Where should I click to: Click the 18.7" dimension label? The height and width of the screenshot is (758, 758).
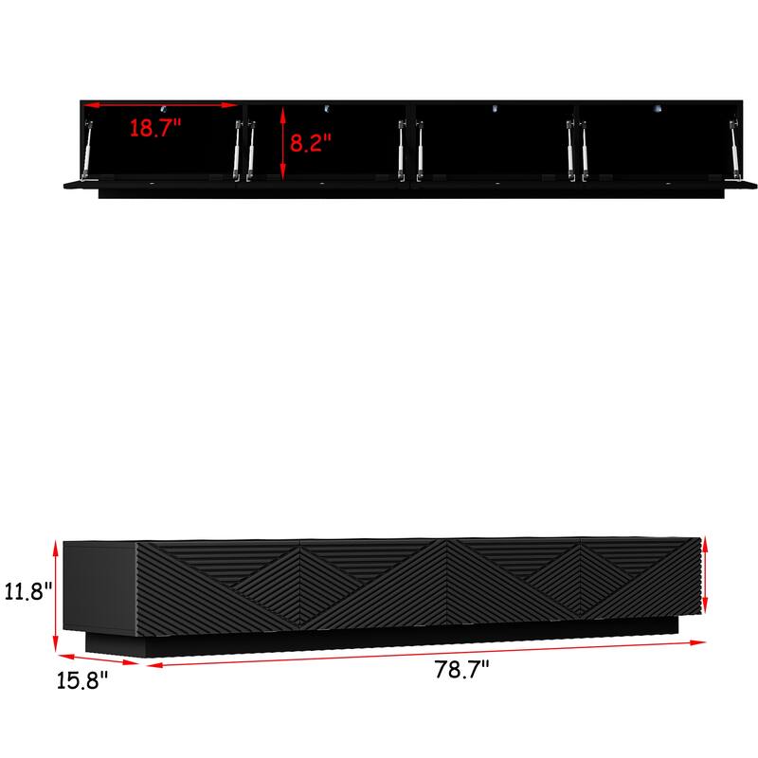pyautogui.click(x=154, y=129)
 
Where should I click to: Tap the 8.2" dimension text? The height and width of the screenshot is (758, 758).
pyautogui.click(x=310, y=144)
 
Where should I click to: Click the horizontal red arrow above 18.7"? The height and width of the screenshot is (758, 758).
pyautogui.click(x=157, y=105)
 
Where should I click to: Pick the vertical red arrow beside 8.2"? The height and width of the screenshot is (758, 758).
pyautogui.click(x=282, y=141)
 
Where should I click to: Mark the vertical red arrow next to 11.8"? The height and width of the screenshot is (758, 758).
pyautogui.click(x=58, y=592)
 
